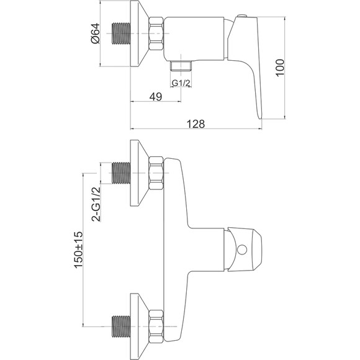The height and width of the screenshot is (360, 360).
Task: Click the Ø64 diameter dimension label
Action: [x=96, y=34]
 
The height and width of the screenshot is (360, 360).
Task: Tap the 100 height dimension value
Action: [x=280, y=68]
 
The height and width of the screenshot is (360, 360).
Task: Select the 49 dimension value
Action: [x=156, y=97]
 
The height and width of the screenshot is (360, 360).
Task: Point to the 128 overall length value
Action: [x=196, y=124]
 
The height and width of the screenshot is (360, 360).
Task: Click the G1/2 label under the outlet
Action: [x=181, y=83]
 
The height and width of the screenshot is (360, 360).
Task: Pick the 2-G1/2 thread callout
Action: [x=96, y=204]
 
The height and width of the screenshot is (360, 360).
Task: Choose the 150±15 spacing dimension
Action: [x=78, y=250]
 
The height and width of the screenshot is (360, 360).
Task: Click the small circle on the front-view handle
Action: [x=242, y=250]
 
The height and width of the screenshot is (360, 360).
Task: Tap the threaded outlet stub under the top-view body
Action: [x=181, y=66]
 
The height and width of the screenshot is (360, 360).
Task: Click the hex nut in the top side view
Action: [x=156, y=34]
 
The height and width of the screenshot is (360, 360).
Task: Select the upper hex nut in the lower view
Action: [x=156, y=173]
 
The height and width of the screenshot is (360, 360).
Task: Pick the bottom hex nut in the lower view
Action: [x=156, y=326]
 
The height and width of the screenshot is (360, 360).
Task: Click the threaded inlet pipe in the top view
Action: [x=121, y=34]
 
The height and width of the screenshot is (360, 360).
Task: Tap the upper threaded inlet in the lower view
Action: [x=121, y=173]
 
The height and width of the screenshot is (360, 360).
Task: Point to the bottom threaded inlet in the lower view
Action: [x=121, y=326]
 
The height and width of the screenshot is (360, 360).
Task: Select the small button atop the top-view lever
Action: [x=241, y=16]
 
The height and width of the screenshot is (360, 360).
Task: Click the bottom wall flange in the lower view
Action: [x=140, y=326]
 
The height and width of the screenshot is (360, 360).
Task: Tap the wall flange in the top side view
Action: [x=140, y=34]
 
